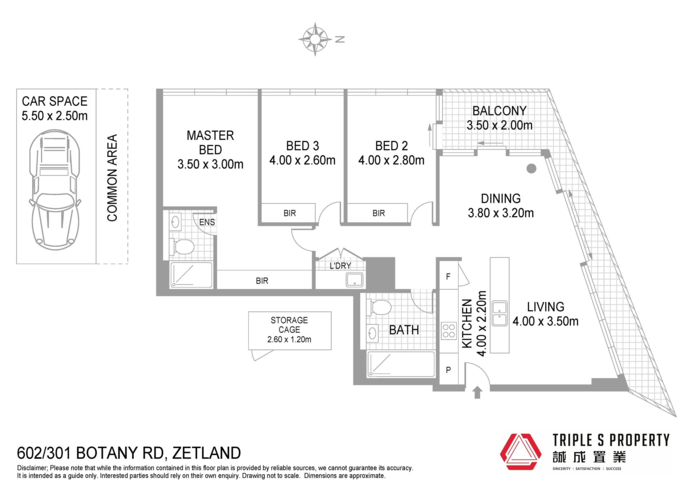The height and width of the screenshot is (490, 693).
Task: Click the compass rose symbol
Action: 315,39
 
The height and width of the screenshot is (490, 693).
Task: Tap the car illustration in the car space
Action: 55,190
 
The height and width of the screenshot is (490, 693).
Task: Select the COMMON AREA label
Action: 112,178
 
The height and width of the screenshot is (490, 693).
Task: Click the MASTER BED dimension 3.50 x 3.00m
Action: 210,164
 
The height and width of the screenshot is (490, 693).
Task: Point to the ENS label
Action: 207,222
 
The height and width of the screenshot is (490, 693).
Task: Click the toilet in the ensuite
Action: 182,247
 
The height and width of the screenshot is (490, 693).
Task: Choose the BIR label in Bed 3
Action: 289,213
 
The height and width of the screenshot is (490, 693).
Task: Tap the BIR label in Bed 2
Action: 379,213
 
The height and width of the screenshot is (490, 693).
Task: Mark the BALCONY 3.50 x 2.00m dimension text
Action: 500,125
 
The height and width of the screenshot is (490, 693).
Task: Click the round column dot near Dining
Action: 531,168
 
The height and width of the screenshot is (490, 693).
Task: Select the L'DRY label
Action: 340,266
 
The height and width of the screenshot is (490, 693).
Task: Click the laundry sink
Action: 354,280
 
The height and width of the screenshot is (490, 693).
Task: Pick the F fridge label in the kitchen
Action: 448,277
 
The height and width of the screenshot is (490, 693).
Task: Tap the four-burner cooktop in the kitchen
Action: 449,331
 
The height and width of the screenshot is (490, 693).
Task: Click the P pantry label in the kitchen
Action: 448,370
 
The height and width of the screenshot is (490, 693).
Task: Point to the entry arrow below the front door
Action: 477,393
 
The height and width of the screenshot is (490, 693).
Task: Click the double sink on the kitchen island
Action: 500,313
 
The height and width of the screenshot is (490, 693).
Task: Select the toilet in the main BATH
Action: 379,308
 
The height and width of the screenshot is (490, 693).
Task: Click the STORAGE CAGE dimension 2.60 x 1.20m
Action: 289,339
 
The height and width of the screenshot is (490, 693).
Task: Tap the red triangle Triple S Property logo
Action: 520,452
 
